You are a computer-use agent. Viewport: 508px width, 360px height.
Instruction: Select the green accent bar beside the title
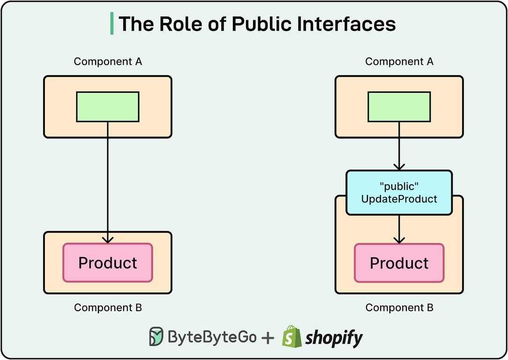[112, 24]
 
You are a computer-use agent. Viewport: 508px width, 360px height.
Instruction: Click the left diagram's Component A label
[108, 61]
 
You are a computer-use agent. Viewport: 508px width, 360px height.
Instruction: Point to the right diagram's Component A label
[399, 61]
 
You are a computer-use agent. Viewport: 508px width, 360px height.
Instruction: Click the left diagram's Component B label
[108, 308]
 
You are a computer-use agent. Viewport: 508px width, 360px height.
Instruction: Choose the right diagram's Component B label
[399, 308]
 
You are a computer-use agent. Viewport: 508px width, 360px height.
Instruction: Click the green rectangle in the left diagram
[108, 106]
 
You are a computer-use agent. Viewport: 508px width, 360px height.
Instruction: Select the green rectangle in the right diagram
[399, 106]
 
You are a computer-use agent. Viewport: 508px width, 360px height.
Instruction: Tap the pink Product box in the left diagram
[108, 262]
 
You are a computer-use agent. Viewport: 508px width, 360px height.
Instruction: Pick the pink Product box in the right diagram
[399, 263]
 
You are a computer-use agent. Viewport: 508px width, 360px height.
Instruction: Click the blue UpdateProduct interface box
[399, 193]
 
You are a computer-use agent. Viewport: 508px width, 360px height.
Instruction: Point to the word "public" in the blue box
[399, 187]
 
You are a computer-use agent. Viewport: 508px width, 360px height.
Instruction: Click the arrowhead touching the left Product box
[108, 240]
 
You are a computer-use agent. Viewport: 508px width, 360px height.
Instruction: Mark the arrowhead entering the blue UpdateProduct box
[399, 166]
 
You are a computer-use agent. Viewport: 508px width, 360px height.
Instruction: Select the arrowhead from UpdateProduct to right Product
[399, 240]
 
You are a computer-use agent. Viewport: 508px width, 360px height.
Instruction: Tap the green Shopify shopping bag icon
[291, 336]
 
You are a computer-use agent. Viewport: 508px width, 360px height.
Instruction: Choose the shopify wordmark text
[334, 337]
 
